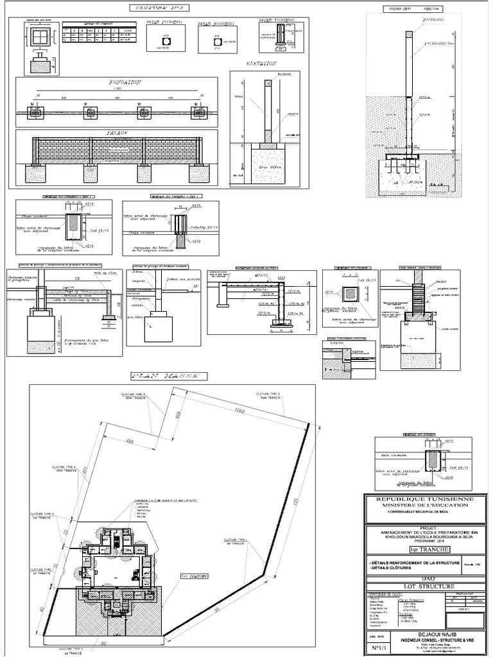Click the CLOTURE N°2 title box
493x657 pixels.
pos(158,8)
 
